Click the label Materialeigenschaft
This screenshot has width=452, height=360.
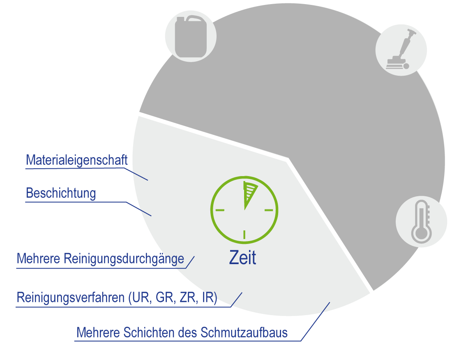77,160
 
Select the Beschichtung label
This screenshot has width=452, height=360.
61,193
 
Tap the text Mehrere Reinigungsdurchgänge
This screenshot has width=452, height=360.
100,259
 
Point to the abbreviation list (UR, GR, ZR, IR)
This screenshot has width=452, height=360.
173,297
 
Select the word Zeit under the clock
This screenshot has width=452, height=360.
242,258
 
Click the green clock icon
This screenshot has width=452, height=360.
244,210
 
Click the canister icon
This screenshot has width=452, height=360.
191,36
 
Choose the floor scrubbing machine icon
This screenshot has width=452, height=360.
401,50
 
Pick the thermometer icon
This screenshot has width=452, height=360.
421,221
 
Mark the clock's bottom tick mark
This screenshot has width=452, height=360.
244,235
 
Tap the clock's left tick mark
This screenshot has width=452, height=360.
220,210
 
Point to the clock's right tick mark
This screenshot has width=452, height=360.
269,210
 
